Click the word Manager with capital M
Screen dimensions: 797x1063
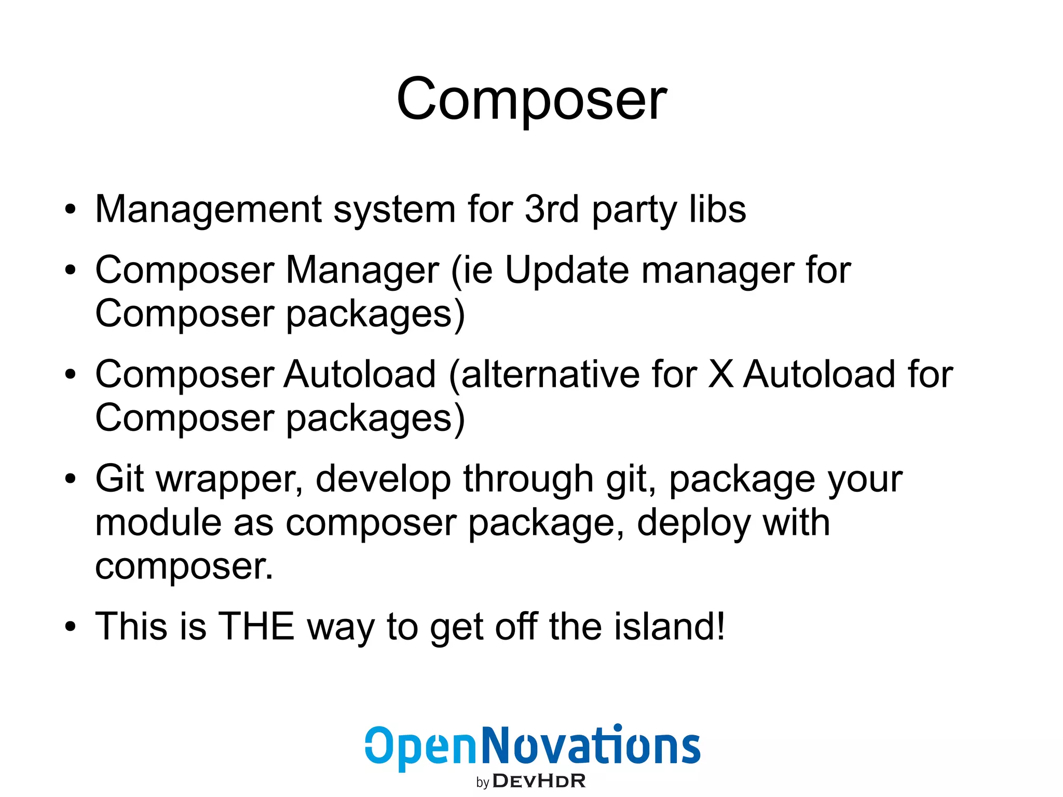[x=362, y=271]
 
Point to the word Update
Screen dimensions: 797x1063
[x=567, y=271]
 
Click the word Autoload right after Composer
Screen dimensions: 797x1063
[x=360, y=374]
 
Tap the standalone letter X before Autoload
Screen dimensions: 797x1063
[x=720, y=374]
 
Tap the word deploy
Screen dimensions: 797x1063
[x=693, y=523]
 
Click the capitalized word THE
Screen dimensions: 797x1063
[x=256, y=626]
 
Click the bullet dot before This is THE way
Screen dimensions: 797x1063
[x=71, y=627]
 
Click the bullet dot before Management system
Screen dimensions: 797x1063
[x=71, y=210]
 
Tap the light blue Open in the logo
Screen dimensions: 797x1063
[x=420, y=748]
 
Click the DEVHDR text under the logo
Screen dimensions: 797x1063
[x=539, y=781]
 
